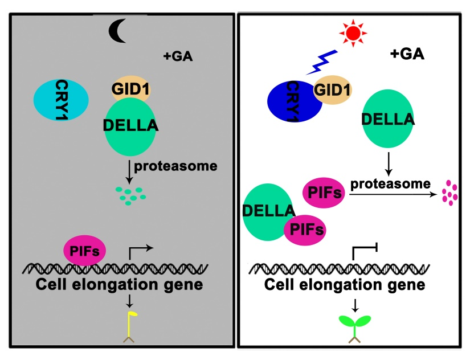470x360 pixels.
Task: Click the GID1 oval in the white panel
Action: pyautogui.click(x=333, y=89)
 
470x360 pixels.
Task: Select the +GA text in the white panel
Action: pyautogui.click(x=407, y=54)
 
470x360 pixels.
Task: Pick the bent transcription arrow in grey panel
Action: pyautogui.click(x=142, y=250)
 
